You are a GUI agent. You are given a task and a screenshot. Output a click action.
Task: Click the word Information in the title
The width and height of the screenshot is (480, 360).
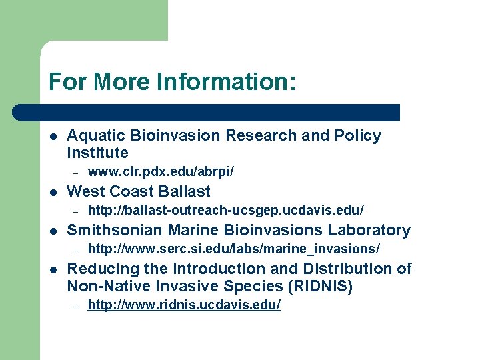click(226, 83)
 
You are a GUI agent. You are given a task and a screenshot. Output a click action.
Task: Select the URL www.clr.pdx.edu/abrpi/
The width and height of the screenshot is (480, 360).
click(161, 172)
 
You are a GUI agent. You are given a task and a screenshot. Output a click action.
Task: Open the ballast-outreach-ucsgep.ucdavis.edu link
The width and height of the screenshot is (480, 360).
click(226, 211)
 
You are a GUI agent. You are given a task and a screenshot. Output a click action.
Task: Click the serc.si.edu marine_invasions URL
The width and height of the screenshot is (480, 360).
click(234, 249)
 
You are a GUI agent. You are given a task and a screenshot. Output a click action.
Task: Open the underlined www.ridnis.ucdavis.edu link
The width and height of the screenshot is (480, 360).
click(184, 305)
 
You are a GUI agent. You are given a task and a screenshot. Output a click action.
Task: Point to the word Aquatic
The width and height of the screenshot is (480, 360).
click(95, 136)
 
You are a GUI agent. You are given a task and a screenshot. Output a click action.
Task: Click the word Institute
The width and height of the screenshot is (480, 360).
click(97, 153)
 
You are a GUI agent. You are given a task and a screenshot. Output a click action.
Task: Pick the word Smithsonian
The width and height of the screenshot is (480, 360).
click(113, 231)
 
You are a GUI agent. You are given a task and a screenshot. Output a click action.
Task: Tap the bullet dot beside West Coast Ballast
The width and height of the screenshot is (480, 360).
click(53, 192)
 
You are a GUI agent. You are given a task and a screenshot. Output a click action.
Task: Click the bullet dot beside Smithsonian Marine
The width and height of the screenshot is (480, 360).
click(53, 231)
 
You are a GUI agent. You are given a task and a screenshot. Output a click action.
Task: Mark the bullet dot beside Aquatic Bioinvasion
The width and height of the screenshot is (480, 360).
click(53, 136)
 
